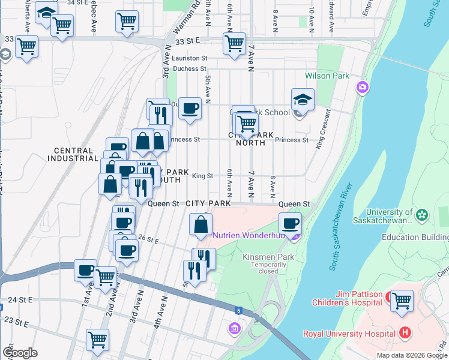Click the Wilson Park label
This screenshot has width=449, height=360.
pos(327,76)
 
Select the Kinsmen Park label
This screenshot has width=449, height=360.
pos(268,257)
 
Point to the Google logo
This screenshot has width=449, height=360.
pos(20,353)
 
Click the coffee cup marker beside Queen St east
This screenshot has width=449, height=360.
pos(291,224)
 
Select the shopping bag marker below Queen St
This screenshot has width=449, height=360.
pos(200,225)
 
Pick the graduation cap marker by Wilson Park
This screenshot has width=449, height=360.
pos(303,100)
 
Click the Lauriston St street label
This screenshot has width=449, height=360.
pos(189,58)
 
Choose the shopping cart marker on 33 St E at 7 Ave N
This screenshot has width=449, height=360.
pos(234,43)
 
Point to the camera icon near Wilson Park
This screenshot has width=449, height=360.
pos(362,88)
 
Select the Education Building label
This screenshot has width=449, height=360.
pos(415,238)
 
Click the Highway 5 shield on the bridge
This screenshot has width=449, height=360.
pos(238,311)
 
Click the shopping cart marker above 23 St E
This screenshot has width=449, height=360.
pos(97,340)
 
